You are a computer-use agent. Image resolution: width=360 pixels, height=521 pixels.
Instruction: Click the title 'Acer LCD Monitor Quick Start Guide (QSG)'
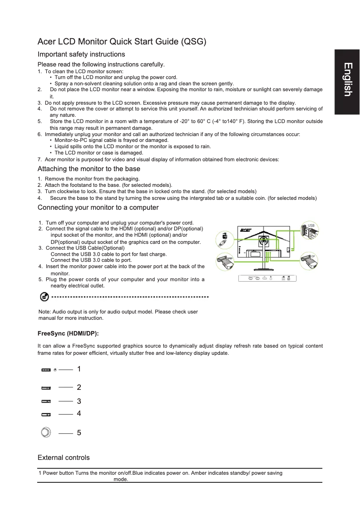pos(122,42)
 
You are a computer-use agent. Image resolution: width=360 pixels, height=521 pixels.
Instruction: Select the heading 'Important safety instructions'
pos(81,54)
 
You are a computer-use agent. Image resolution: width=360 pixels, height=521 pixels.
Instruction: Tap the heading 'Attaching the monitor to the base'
pos(89,169)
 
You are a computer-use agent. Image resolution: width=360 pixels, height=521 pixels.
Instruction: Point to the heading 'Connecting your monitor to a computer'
pos(98,208)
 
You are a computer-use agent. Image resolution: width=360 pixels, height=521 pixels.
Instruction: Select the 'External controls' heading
pos(64,458)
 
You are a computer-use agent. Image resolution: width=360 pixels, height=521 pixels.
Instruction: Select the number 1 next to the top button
pos(79,369)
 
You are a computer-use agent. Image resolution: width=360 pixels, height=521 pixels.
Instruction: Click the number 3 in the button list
pos(79,401)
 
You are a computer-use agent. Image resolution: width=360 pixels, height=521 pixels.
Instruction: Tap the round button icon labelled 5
pos(45,432)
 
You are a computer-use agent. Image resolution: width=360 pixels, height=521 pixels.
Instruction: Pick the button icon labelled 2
pos(46,387)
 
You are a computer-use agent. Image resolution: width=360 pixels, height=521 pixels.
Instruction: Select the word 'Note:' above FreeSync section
pos(45,312)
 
